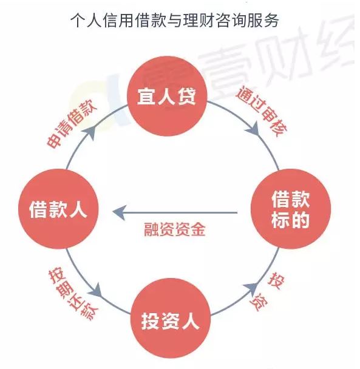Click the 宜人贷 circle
click(167, 96)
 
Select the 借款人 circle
click(58, 209)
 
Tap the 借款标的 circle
click(291, 209)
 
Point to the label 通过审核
click(262, 111)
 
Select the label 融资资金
click(174, 229)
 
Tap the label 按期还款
click(73, 294)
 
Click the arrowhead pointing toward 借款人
click(120, 212)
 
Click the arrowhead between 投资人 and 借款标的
click(251, 288)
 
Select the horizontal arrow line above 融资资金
click(175, 213)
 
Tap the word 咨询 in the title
click(231, 21)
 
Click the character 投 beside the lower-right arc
click(276, 281)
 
